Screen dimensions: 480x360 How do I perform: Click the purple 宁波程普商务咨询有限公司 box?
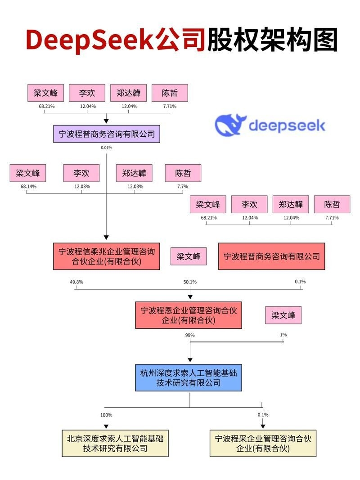pyautogui.click(x=107, y=134)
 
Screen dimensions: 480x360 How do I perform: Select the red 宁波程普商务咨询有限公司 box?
pyautogui.click(x=271, y=256)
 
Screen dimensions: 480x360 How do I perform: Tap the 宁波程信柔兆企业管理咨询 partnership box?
pyautogui.click(x=107, y=256)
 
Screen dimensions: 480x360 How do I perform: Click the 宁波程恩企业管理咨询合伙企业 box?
pyautogui.click(x=189, y=315)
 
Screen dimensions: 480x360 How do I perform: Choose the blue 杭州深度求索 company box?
pyautogui.click(x=189, y=377)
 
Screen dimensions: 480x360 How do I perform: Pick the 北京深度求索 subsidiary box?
pyautogui.click(x=115, y=443)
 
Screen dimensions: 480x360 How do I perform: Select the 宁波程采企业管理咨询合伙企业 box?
pyautogui.click(x=263, y=443)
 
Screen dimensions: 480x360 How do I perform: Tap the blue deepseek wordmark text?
pyautogui.click(x=287, y=125)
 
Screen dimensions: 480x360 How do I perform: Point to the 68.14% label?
pyautogui.click(x=28, y=186)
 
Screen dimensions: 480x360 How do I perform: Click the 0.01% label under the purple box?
pyautogui.click(x=107, y=148)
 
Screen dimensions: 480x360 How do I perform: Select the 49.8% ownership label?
pyautogui.click(x=76, y=282)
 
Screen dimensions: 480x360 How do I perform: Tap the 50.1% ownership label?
pyautogui.click(x=190, y=282)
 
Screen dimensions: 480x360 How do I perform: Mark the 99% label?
pyautogui.click(x=189, y=335)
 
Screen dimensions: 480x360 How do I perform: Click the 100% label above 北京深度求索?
pyautogui.click(x=106, y=415)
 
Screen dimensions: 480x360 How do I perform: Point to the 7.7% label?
pyautogui.click(x=183, y=186)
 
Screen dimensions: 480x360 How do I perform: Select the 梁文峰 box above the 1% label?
pyautogui.click(x=283, y=315)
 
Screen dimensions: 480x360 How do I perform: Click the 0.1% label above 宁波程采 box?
pyautogui.click(x=263, y=415)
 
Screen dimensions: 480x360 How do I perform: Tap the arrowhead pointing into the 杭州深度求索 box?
pyautogui.click(x=190, y=359)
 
